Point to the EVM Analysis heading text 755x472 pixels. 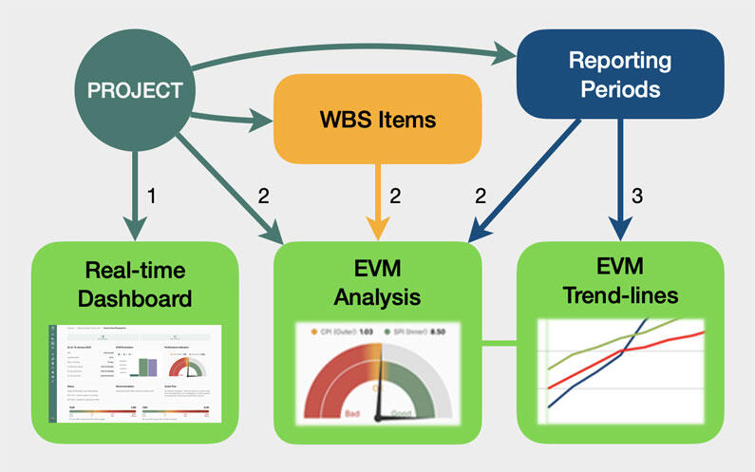pyautogui.click(x=377, y=284)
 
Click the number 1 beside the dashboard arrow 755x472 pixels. pyautogui.click(x=152, y=196)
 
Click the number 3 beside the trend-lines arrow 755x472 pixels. pyautogui.click(x=637, y=196)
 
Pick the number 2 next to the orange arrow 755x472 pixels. pyautogui.click(x=395, y=196)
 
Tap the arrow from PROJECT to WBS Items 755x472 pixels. pyautogui.click(x=228, y=120)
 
